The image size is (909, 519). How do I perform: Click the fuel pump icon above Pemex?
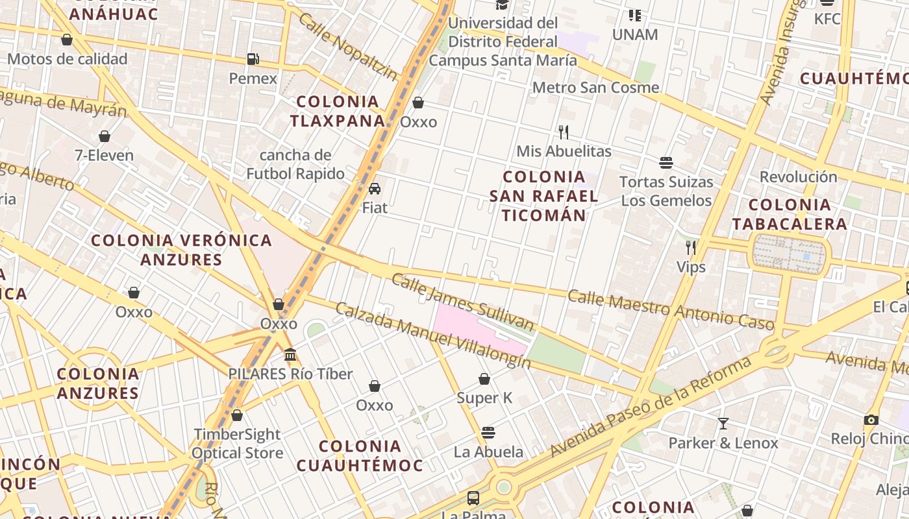tap(253, 59)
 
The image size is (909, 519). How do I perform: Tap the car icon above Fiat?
tap(375, 189)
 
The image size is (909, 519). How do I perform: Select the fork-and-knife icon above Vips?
tap(691, 247)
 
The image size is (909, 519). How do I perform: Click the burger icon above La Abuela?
tap(488, 433)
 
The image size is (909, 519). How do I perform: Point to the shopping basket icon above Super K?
tap(484, 379)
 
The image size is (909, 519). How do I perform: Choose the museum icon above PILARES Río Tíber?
tap(290, 355)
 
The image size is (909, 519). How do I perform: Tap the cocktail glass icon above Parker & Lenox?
tap(723, 424)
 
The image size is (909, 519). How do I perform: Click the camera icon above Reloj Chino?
tap(871, 420)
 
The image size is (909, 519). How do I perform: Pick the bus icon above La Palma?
tap(473, 498)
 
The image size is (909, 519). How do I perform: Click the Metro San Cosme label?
tap(595, 88)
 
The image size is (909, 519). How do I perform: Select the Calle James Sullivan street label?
tap(462, 302)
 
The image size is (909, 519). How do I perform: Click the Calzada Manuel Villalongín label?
tap(432, 335)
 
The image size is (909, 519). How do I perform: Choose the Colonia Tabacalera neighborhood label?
tap(790, 215)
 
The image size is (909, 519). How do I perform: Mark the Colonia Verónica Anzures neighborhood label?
tap(181, 250)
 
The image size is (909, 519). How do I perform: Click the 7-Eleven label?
tap(104, 156)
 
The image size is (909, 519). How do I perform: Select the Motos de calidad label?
tap(68, 59)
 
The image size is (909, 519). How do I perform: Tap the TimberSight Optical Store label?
tap(237, 443)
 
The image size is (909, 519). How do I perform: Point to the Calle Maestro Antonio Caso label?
tap(671, 309)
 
